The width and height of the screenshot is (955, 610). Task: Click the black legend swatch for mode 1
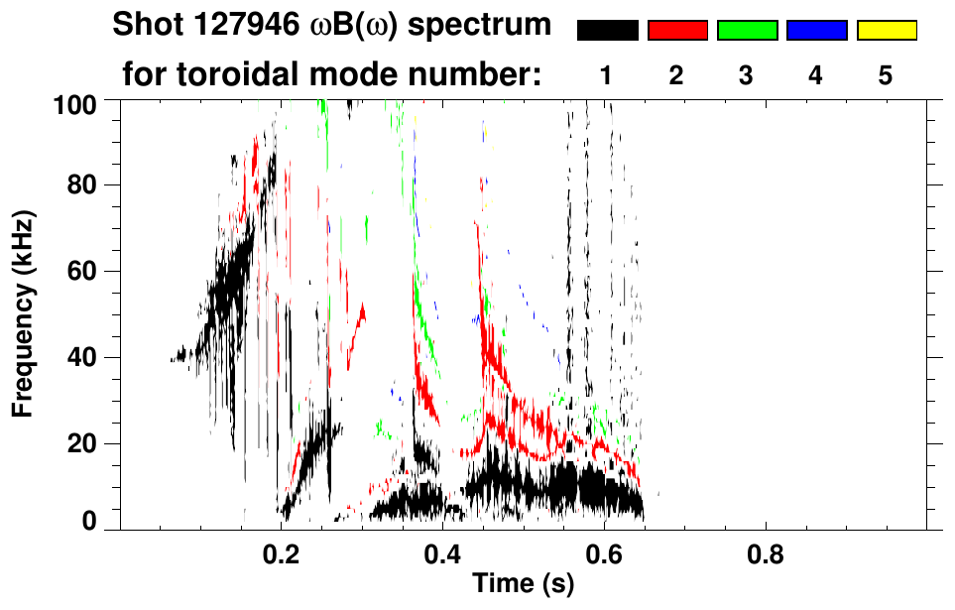(x=608, y=31)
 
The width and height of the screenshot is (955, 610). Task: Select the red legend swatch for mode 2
(x=677, y=31)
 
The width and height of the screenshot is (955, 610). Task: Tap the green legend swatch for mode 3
(x=747, y=31)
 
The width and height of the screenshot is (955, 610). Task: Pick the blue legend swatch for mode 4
(x=816, y=31)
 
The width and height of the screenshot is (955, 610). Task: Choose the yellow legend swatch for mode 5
(x=886, y=31)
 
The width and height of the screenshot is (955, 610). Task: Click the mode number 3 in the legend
(x=747, y=75)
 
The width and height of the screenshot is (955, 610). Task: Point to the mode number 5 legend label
(x=886, y=75)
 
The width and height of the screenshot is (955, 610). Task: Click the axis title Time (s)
(x=522, y=584)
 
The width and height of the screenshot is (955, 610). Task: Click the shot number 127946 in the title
(x=244, y=26)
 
